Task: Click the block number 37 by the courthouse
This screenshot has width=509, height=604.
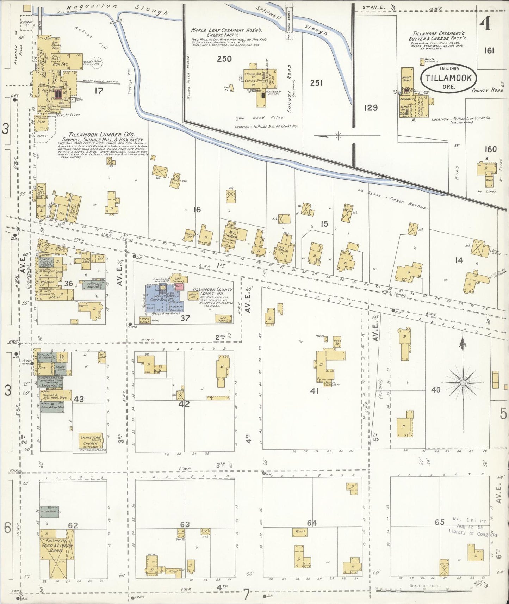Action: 185,318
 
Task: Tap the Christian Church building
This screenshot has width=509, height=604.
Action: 91,442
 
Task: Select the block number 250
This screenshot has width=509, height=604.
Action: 224,59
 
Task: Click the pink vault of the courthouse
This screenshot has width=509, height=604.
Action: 180,287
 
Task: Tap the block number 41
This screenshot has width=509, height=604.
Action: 314,390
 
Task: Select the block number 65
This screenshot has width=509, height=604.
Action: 439,522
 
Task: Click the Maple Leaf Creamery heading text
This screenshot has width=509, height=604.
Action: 229,32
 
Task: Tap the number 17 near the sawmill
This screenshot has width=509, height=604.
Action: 99,91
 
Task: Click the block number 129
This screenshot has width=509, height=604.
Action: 371,107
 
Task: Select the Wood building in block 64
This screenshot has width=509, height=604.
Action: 300,532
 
